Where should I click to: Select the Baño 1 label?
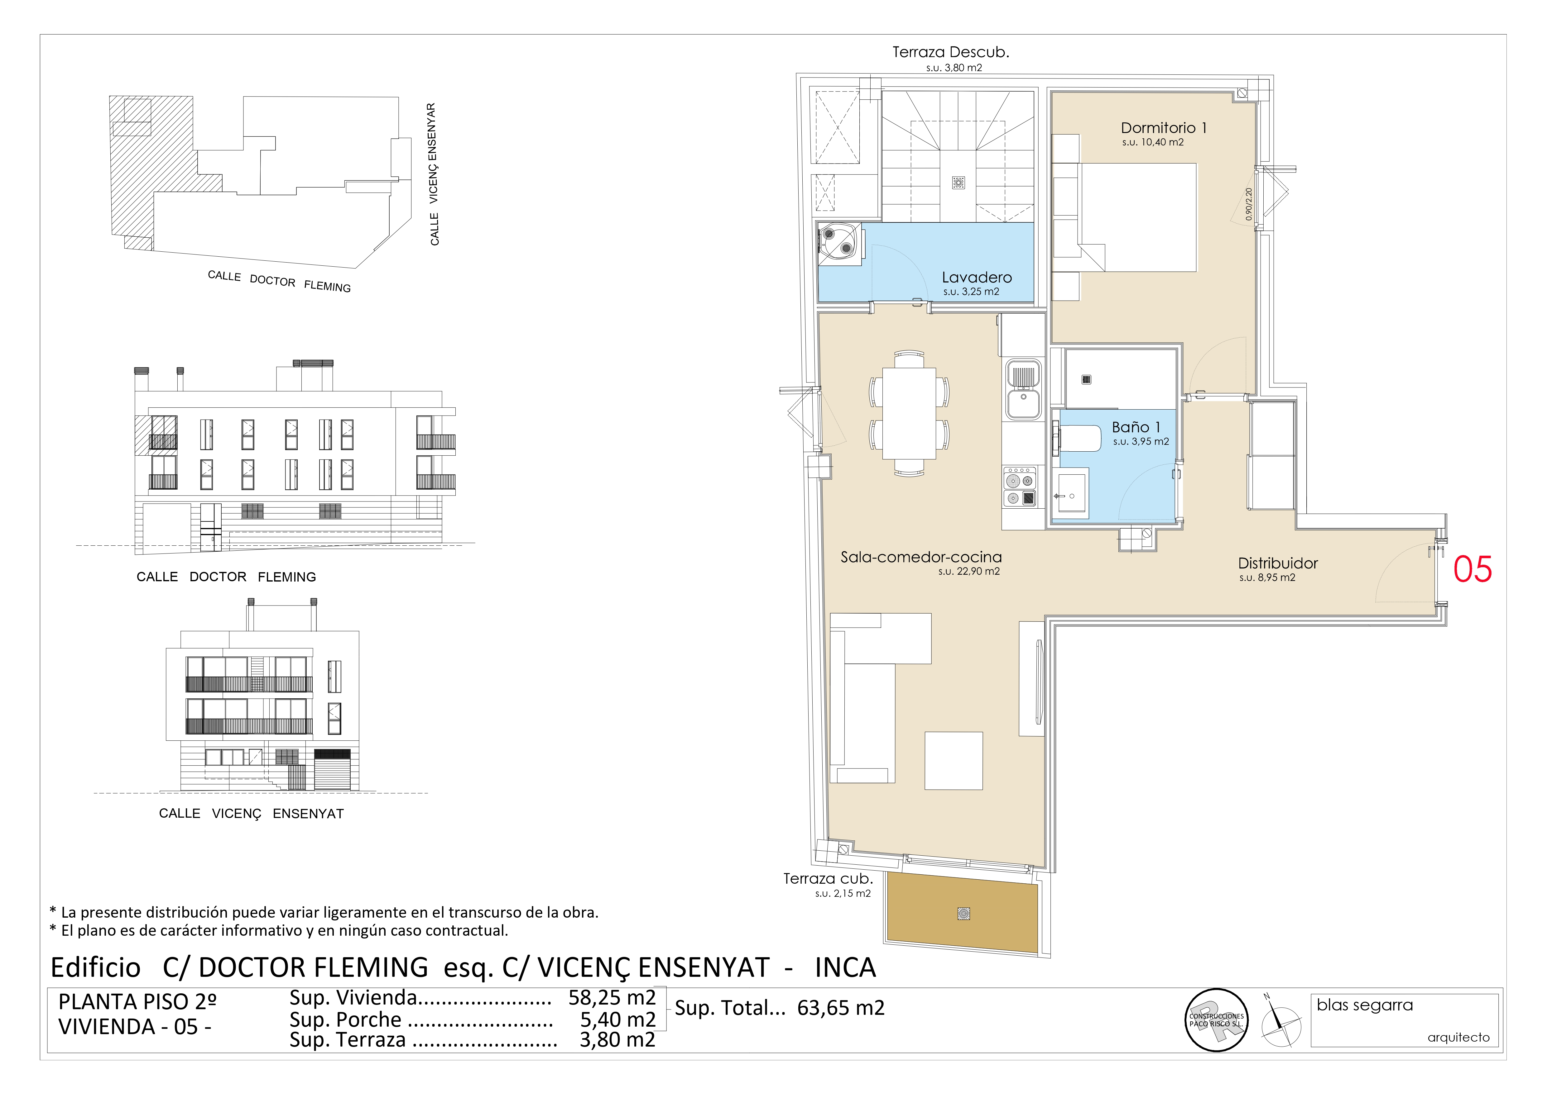[1136, 427]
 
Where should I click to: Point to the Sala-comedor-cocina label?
[921, 557]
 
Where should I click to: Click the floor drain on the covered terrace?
[963, 914]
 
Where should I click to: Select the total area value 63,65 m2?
[841, 1008]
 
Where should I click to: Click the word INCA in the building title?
[845, 968]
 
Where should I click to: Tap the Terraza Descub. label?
[951, 52]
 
